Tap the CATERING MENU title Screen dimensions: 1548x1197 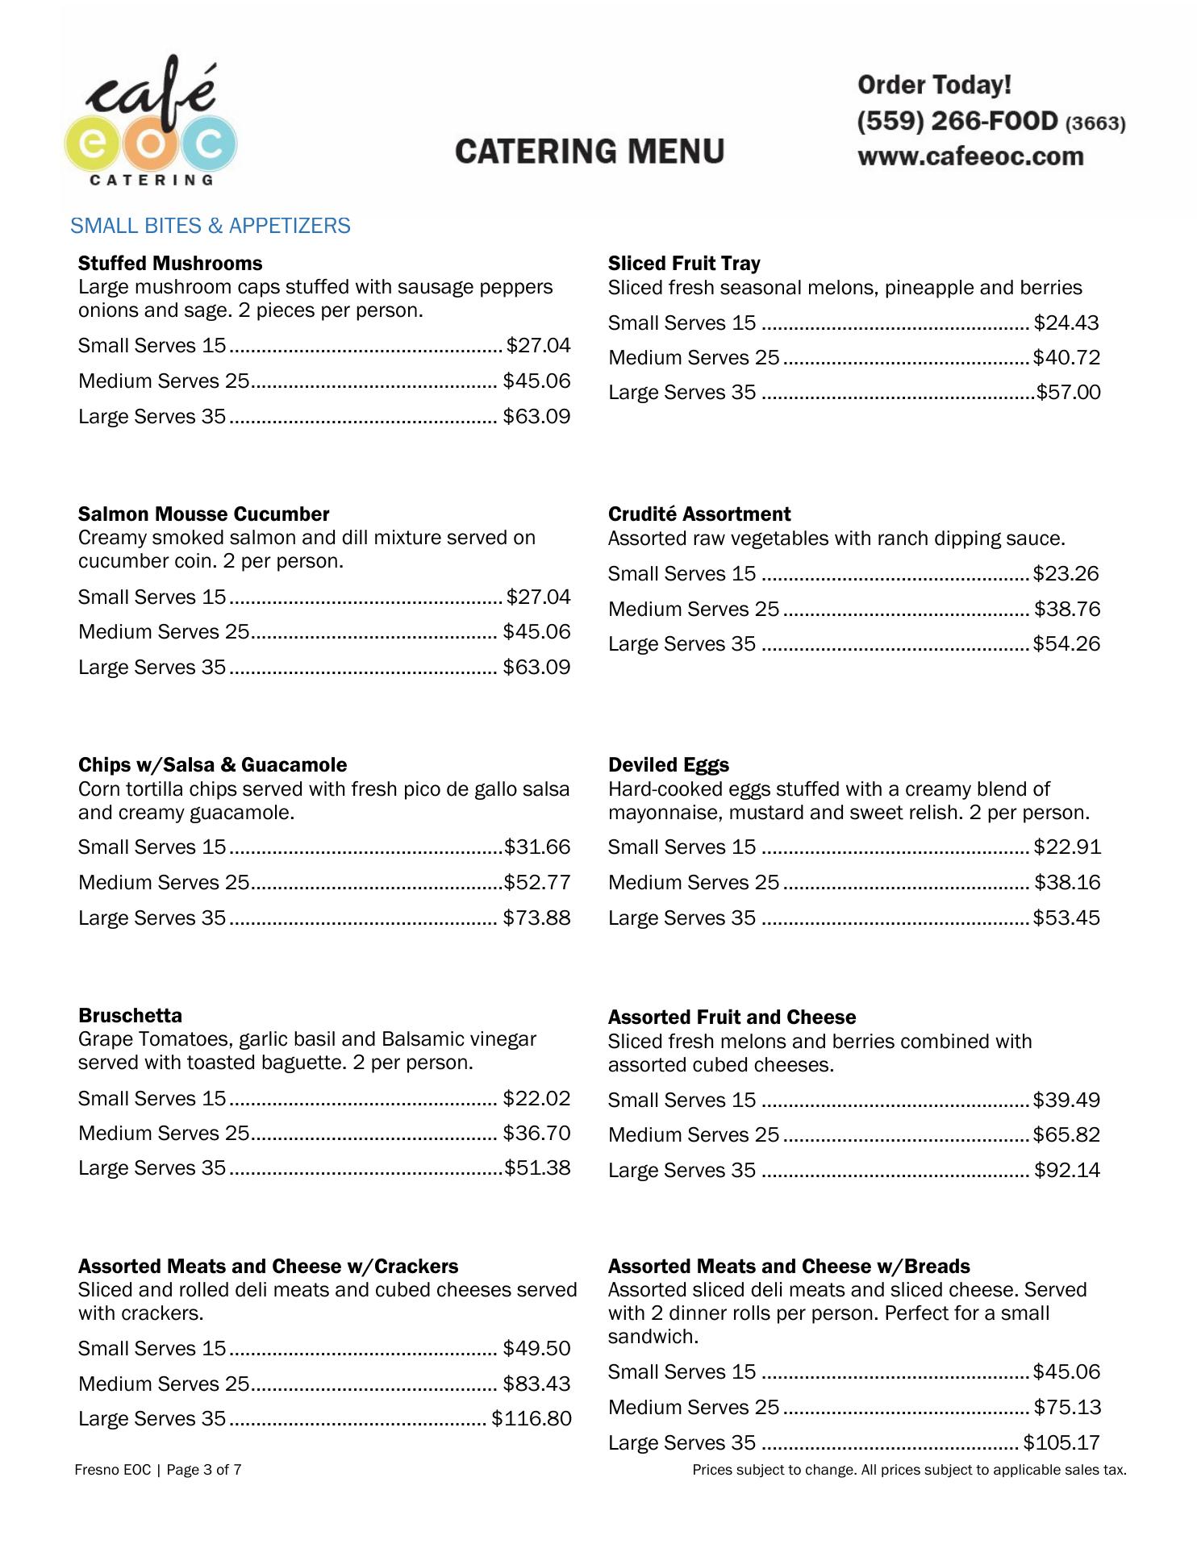click(590, 152)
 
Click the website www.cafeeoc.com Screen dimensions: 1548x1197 click(970, 156)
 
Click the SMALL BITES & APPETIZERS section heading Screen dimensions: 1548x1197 click(211, 226)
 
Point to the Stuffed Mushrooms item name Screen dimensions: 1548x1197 click(170, 264)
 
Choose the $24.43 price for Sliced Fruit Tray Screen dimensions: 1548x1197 click(1066, 323)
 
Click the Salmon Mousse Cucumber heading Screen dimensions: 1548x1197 click(203, 514)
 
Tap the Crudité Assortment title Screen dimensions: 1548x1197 click(699, 514)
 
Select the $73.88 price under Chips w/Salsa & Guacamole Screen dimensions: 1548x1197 click(536, 918)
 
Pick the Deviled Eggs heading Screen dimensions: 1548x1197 click(669, 765)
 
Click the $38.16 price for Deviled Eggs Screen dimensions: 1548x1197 click(1067, 883)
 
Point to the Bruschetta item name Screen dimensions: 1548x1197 click(130, 1016)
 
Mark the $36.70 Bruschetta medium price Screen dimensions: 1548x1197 click(536, 1134)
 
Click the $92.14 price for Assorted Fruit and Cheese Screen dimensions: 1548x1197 click(1067, 1171)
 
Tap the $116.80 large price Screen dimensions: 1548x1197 click(532, 1419)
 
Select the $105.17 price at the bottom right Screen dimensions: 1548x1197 click(1061, 1443)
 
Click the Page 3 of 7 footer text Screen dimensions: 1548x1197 click(158, 1470)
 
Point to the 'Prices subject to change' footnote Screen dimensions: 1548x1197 click(909, 1471)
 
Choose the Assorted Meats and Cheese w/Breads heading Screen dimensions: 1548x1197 click(789, 1267)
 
